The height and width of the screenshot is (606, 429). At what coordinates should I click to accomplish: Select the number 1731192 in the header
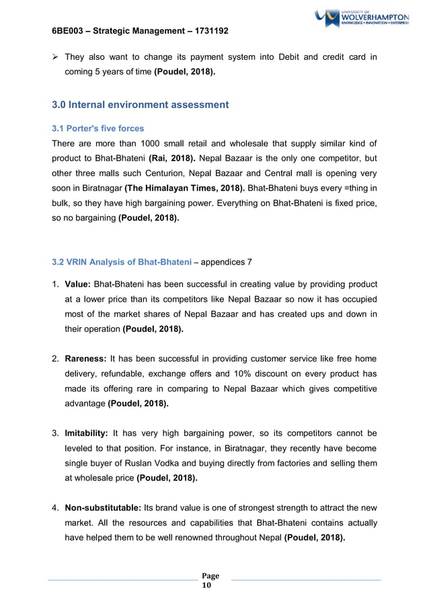208,31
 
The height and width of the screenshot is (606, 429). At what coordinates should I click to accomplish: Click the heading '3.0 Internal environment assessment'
141,105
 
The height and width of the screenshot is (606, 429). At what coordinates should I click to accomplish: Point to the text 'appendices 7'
226,261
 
